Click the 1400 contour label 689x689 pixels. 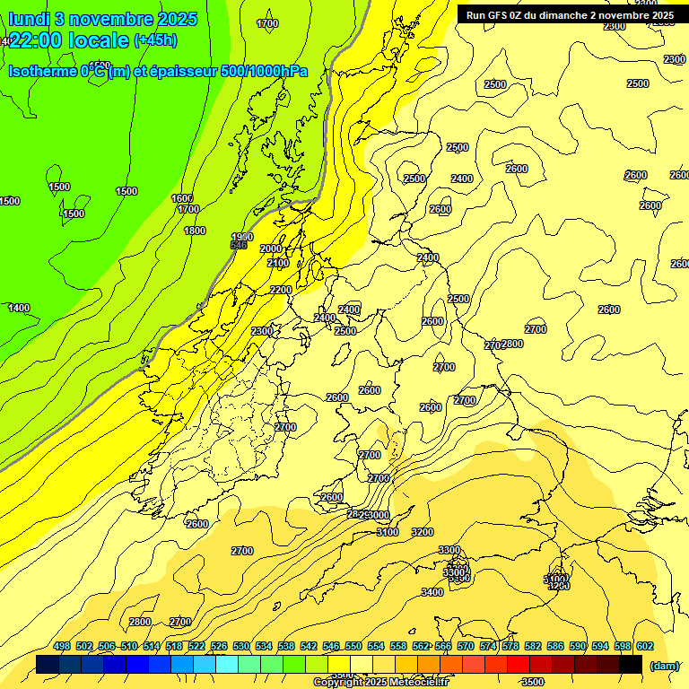tap(18, 308)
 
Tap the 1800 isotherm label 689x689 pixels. tap(195, 231)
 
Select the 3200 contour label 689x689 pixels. tap(422, 532)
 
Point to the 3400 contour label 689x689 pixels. tap(432, 592)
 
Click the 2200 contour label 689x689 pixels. tap(281, 290)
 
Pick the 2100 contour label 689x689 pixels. tap(278, 263)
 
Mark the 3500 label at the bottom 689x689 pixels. tap(533, 683)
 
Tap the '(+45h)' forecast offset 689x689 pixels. tap(155, 40)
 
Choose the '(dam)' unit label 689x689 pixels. tap(664, 666)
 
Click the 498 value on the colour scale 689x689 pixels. tap(62, 647)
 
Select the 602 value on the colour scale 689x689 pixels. tap(645, 647)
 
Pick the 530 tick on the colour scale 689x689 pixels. tap(241, 647)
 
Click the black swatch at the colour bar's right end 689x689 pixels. tap(631, 665)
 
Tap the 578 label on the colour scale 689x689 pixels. tap(510, 647)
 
